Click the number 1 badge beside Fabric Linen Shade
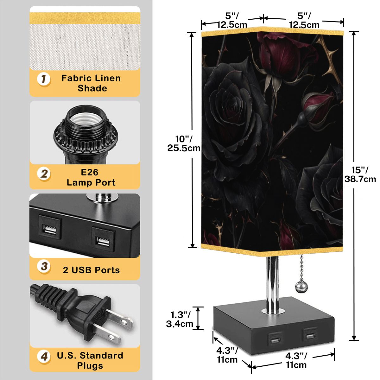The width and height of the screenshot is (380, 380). pos(44,79)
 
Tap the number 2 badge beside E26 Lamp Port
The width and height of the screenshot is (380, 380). pos(44,174)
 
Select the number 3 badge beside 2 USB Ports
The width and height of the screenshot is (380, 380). pos(44,267)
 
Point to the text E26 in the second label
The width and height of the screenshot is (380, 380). pos(90,172)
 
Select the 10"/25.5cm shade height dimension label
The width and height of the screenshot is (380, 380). pos(184,143)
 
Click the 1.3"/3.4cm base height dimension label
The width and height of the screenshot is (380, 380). pos(180,319)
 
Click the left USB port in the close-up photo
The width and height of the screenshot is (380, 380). pos(50,229)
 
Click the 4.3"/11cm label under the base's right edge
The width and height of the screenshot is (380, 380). pos(296,360)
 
